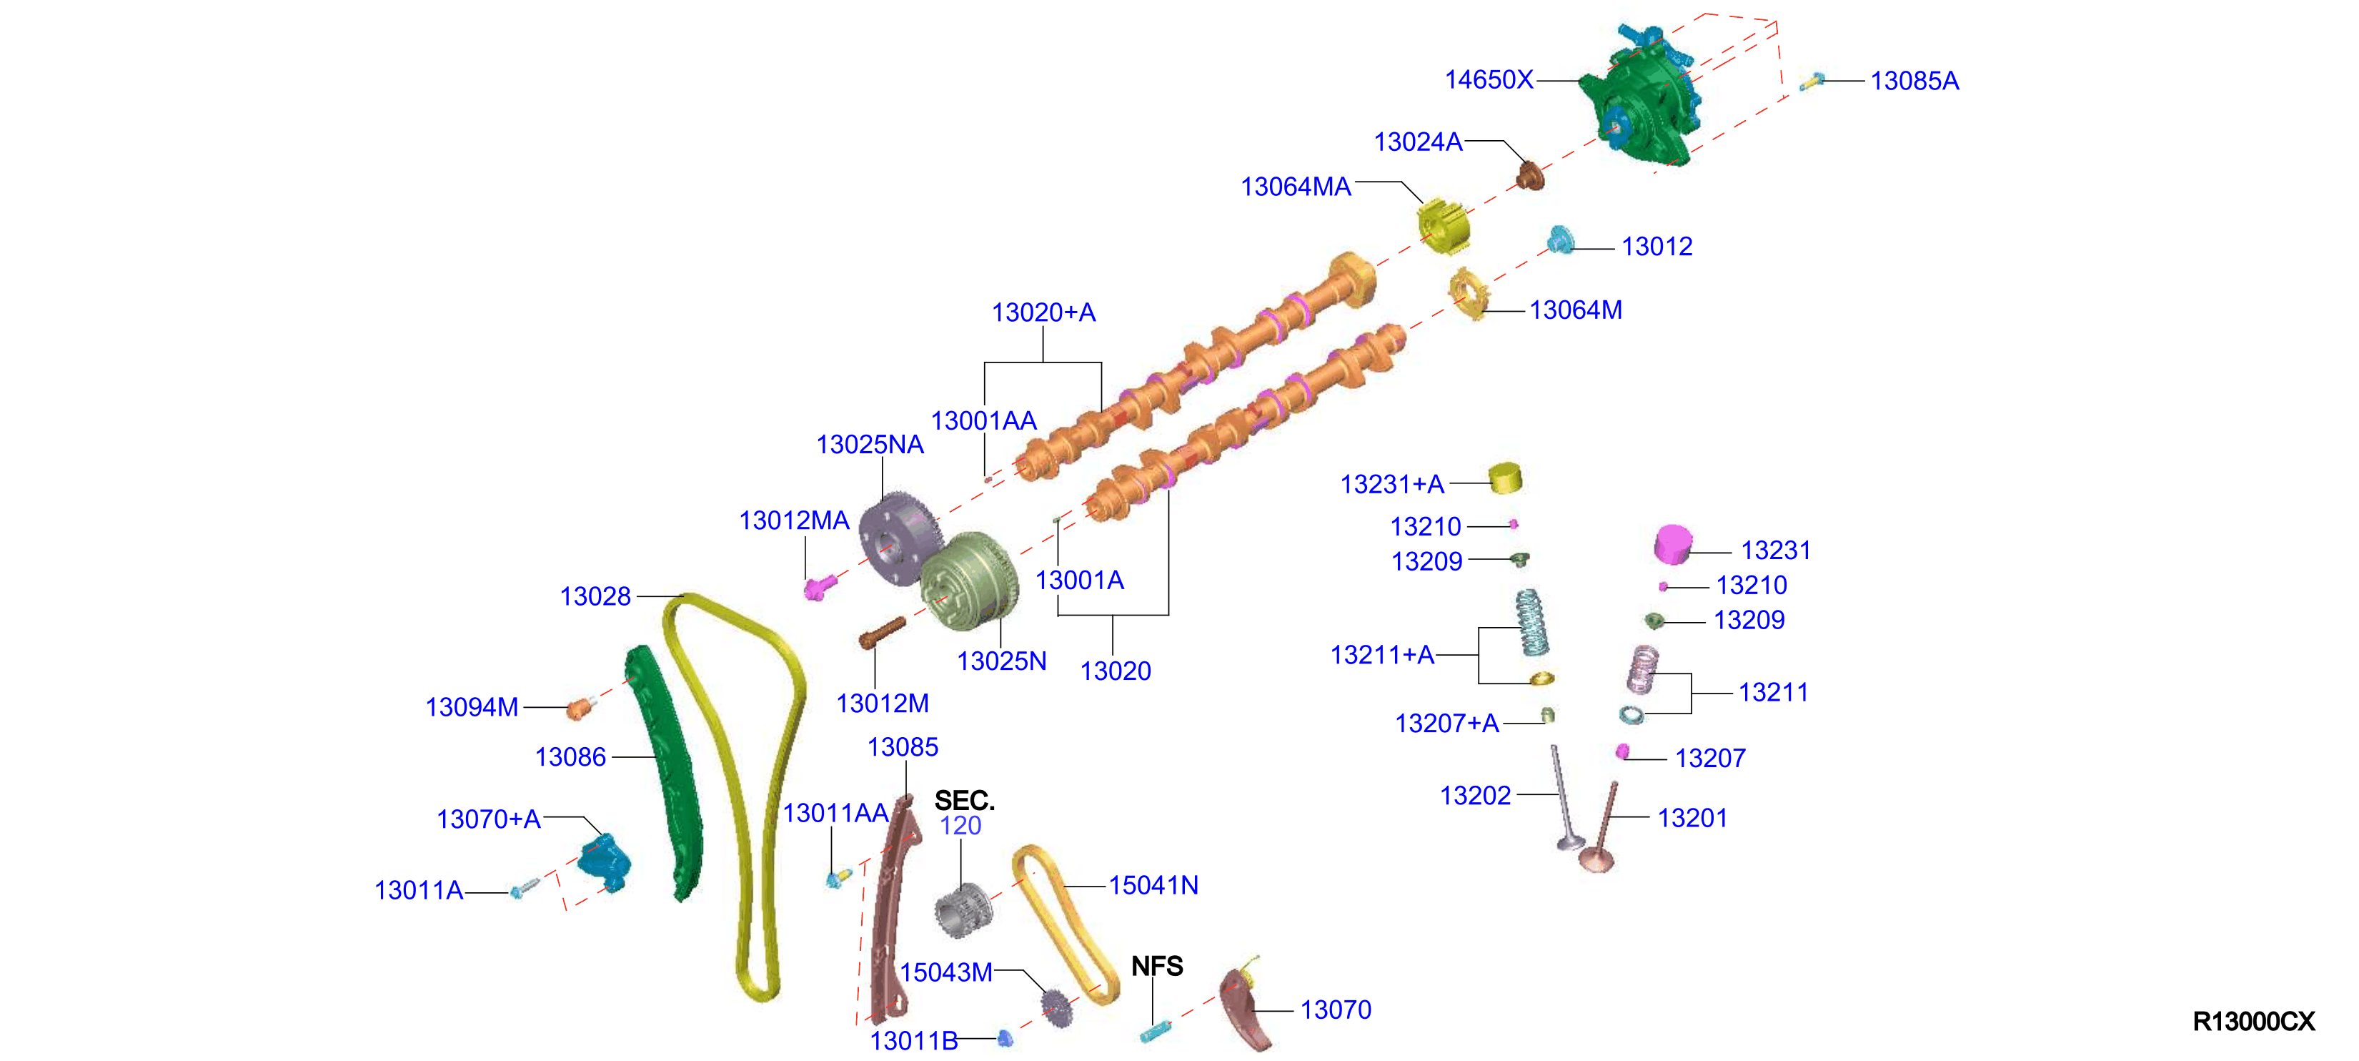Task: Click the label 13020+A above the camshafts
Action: click(x=1043, y=312)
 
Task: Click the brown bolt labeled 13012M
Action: click(x=882, y=632)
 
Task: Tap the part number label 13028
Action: click(x=595, y=596)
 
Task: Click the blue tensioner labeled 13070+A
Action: click(x=605, y=862)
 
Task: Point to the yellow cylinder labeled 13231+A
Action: click(x=1504, y=478)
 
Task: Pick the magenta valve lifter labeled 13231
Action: click(x=1673, y=543)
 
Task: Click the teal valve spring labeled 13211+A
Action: click(x=1530, y=622)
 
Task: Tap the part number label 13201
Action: click(x=1692, y=817)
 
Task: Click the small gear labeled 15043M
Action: click(x=1057, y=1008)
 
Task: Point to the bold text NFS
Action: click(x=1156, y=966)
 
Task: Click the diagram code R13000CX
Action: click(x=2254, y=1022)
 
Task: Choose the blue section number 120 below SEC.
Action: click(x=960, y=826)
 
